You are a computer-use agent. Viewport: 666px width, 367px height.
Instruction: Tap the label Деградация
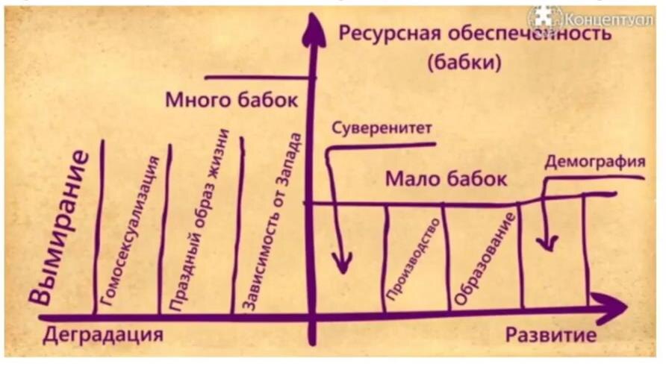coord(102,335)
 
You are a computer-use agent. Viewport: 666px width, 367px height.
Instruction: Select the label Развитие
coord(551,335)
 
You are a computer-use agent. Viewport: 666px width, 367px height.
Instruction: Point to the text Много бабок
coord(231,100)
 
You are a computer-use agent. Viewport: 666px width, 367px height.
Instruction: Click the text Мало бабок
coord(446,180)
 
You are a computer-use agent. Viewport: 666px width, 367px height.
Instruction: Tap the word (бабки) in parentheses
coord(463,63)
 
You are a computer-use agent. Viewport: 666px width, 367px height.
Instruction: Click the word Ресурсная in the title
coord(382,34)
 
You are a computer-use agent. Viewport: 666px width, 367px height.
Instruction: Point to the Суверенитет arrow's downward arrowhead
coord(341,262)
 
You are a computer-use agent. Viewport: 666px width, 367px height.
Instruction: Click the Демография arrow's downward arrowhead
coord(547,242)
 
